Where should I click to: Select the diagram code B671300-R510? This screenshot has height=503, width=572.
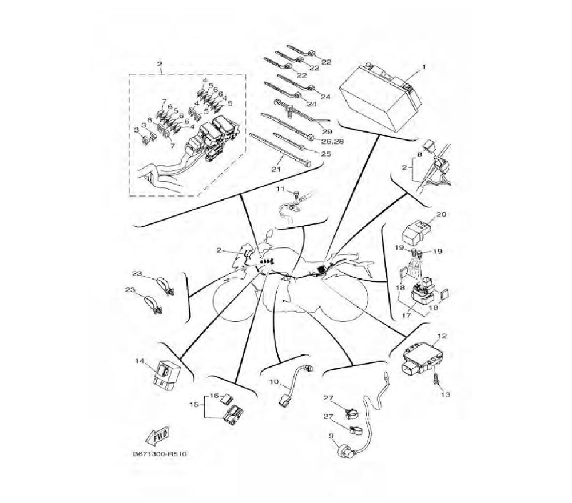pos(160,454)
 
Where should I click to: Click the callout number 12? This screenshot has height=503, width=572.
pos(442,336)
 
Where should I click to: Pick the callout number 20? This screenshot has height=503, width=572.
pos(441,215)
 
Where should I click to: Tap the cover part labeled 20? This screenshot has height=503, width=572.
pos(416,232)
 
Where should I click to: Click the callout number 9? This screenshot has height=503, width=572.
pos(331,436)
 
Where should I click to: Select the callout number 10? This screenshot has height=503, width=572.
pos(274,382)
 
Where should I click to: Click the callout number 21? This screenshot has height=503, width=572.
pos(276,169)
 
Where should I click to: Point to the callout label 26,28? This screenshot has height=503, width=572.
pos(333,141)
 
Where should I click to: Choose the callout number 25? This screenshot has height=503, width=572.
pos(326,153)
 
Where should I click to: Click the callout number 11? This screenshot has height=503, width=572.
pos(280,189)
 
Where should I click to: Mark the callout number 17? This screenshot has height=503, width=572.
pos(406,316)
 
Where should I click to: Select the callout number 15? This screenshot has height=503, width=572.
pos(194,405)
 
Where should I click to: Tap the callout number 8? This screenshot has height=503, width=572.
pos(419,154)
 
